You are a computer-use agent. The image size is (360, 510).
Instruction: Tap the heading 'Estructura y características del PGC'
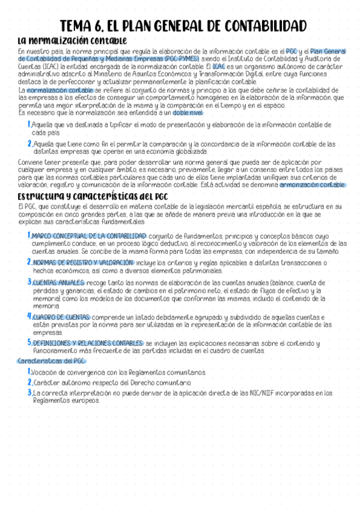click(93, 197)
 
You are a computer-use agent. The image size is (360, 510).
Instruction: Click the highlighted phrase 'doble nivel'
click(188, 112)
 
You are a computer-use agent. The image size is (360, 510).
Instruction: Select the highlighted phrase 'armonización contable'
click(313, 185)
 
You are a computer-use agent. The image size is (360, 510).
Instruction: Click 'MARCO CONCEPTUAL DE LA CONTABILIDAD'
click(88, 236)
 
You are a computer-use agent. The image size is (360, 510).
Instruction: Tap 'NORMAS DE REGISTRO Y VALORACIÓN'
click(82, 263)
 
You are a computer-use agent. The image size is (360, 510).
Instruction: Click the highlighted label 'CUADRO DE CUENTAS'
click(61, 317)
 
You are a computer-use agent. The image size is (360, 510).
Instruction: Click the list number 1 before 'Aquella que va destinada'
click(29, 124)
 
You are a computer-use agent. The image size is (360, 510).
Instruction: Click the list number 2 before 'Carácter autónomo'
click(29, 382)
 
